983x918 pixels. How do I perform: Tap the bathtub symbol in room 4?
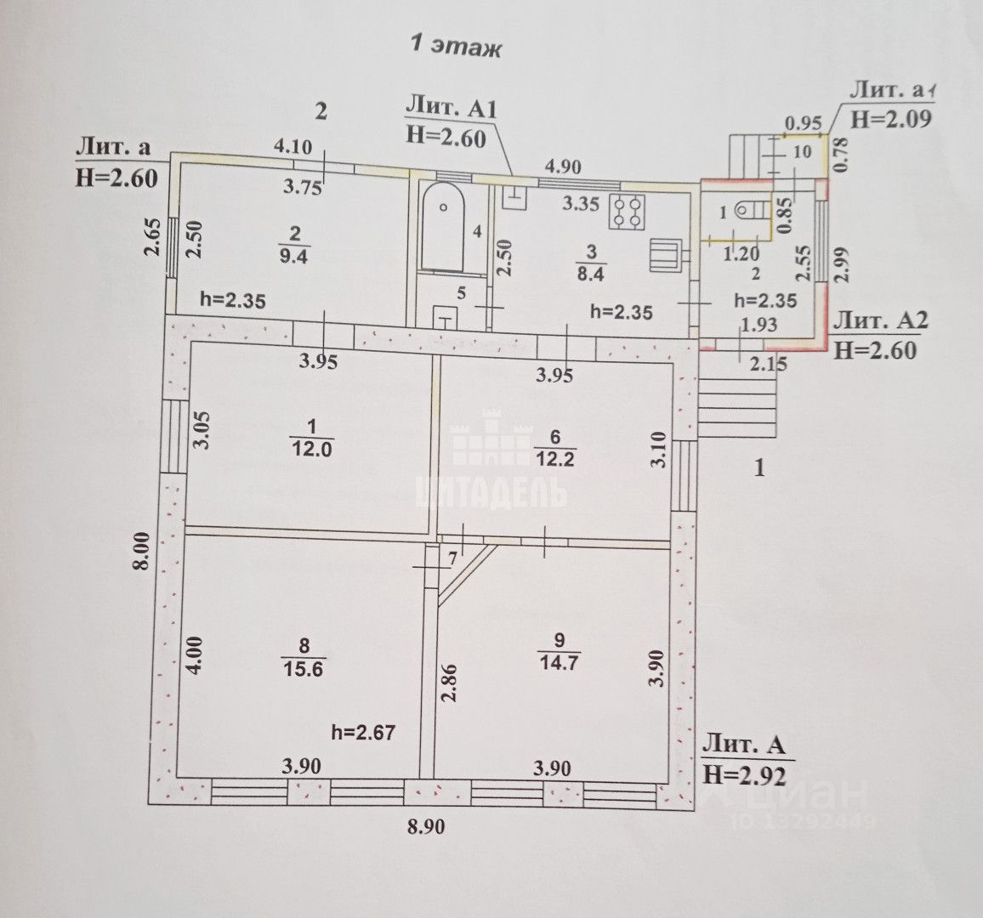[442, 225]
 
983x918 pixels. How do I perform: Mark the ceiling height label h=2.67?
[363, 732]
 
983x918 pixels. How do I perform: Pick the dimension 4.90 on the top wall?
[562, 167]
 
